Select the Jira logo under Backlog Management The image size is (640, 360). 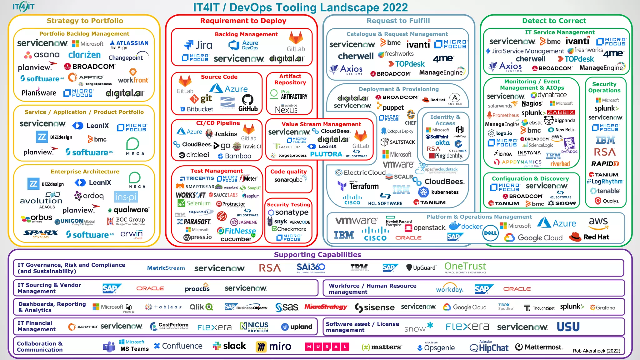tap(198, 45)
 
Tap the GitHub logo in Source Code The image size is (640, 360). tap(248, 103)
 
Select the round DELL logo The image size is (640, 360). tap(490, 233)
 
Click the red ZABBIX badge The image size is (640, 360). tap(561, 112)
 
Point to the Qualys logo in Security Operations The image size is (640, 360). tap(607, 201)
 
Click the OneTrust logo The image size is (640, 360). tap(465, 267)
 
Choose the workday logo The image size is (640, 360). tap(449, 289)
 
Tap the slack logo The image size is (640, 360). tap(229, 346)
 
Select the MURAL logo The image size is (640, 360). tap(327, 347)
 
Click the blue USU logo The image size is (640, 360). tap(568, 327)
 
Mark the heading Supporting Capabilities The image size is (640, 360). tap(317, 255)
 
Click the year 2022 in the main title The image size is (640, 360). tap(392, 7)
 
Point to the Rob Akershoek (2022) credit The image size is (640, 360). tap(596, 351)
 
